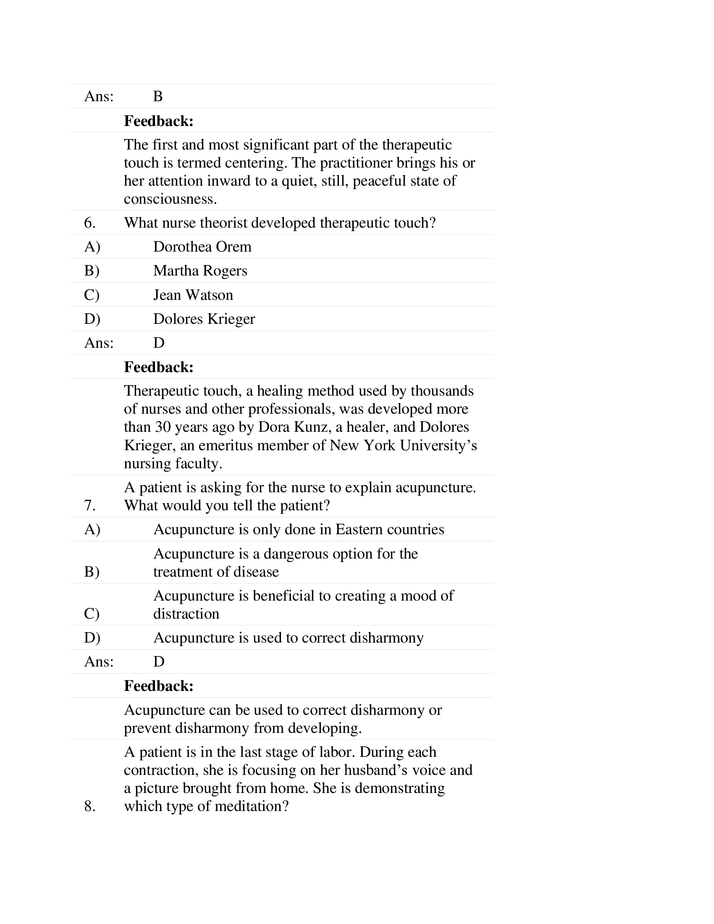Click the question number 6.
(90, 223)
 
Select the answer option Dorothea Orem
(202, 247)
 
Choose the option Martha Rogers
(199, 271)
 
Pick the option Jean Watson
(193, 295)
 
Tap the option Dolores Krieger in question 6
(204, 319)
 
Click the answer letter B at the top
(158, 97)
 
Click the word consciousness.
(170, 199)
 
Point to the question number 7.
(90, 505)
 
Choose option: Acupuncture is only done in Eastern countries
(299, 529)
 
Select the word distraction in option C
(186, 614)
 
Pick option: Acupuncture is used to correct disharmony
(288, 638)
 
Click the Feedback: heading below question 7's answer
(159, 686)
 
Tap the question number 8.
(90, 806)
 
